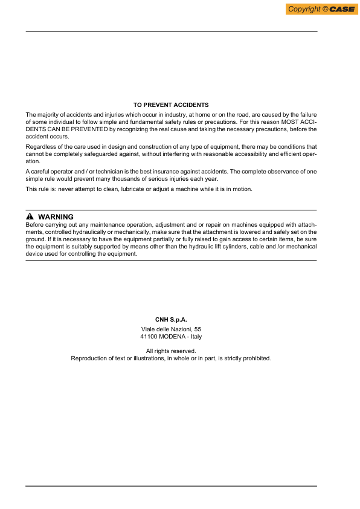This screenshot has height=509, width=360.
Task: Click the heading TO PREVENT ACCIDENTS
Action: pos(171,105)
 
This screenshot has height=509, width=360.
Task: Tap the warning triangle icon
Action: pos(30,217)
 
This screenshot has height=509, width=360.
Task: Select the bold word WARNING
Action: pos(56,217)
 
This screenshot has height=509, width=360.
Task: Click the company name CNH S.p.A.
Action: pos(171,319)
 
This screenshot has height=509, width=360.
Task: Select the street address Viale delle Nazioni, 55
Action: pos(171,329)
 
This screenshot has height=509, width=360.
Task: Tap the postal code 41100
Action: pos(149,337)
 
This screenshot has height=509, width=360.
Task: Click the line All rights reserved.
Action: pos(171,351)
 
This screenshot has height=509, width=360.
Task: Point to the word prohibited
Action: pos(256,358)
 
